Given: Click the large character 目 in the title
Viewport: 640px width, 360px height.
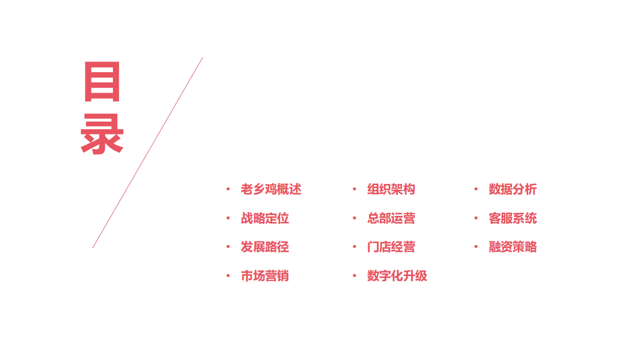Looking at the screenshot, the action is pyautogui.click(x=102, y=82).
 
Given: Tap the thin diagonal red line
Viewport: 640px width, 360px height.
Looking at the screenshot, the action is pyautogui.click(x=148, y=152).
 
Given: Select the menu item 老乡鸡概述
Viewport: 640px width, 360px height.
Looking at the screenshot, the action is pyautogui.click(x=271, y=189).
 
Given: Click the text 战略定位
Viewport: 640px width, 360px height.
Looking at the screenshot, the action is pyautogui.click(x=265, y=218).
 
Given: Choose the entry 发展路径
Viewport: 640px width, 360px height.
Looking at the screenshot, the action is pyautogui.click(x=265, y=247).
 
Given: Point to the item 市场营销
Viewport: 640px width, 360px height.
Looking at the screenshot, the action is pyautogui.click(x=265, y=276).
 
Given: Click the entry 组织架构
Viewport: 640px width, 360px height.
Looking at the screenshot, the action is pyautogui.click(x=391, y=189).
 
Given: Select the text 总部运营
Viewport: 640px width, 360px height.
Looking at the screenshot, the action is pyautogui.click(x=391, y=218).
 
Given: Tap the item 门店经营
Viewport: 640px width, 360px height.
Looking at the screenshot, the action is pyautogui.click(x=391, y=247).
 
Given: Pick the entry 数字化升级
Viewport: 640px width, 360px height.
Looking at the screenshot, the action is pyautogui.click(x=397, y=276).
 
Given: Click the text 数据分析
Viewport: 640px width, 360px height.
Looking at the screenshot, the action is pyautogui.click(x=513, y=189).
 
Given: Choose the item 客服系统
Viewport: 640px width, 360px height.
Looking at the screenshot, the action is pyautogui.click(x=513, y=218).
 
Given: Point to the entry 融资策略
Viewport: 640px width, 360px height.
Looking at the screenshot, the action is pyautogui.click(x=513, y=247).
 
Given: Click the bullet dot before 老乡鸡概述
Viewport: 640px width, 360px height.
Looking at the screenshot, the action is pyautogui.click(x=228, y=189).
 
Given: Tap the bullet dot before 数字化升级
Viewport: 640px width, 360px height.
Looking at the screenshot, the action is pyautogui.click(x=354, y=276).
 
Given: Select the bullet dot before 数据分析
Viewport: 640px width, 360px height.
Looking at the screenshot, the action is pyautogui.click(x=476, y=189).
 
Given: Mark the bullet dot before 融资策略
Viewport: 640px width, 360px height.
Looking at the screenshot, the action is pyautogui.click(x=476, y=247).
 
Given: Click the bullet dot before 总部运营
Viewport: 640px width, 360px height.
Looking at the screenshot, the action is pyautogui.click(x=354, y=218).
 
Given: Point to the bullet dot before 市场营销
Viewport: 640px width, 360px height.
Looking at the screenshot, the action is pyautogui.click(x=228, y=276).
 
